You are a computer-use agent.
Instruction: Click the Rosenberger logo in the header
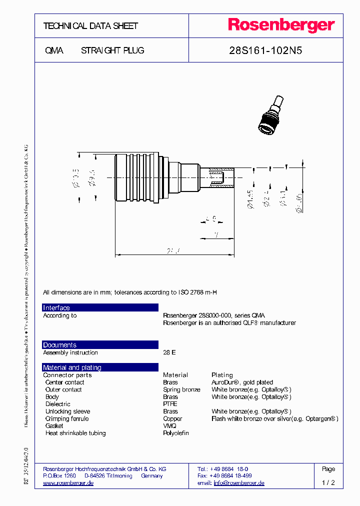pyautogui.click(x=281, y=25)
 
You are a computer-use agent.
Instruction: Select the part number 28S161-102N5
pyautogui.click(x=265, y=50)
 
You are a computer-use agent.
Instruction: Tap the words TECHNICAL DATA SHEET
pyautogui.click(x=90, y=26)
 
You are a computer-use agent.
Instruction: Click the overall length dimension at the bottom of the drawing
pyautogui.click(x=174, y=250)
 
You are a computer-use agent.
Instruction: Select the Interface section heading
pyautogui.click(x=56, y=308)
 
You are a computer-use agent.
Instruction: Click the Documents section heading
pyautogui.click(x=59, y=345)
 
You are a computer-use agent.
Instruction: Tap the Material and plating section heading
pyautogui.click(x=72, y=367)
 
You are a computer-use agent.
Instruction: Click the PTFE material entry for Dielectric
pyautogui.click(x=170, y=404)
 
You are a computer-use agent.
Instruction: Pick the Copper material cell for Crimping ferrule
pyautogui.click(x=172, y=418)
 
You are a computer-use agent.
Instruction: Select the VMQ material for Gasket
pyautogui.click(x=169, y=426)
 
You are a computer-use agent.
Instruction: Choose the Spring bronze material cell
pyautogui.click(x=181, y=389)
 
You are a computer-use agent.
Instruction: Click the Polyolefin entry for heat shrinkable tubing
pyautogui.click(x=176, y=433)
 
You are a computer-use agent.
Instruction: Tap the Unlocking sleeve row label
pyautogui.click(x=67, y=411)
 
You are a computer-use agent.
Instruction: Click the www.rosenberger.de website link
pyautogui.click(x=68, y=483)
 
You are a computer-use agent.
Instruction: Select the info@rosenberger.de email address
pyautogui.click(x=239, y=483)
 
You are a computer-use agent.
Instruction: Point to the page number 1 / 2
pyautogui.click(x=328, y=483)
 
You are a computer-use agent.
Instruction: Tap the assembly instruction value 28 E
pyautogui.click(x=169, y=352)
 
